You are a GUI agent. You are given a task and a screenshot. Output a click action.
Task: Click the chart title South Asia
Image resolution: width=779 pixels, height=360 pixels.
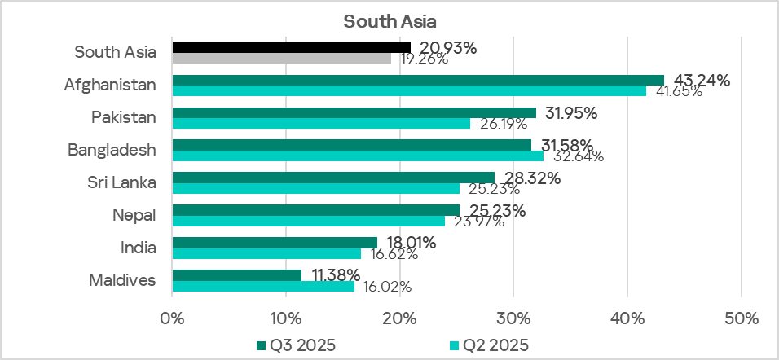click(x=389, y=19)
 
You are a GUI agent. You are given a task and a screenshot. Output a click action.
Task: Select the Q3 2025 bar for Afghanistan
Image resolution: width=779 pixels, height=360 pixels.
click(x=418, y=80)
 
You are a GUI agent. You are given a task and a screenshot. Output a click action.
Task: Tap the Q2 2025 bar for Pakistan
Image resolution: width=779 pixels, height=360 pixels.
click(x=321, y=123)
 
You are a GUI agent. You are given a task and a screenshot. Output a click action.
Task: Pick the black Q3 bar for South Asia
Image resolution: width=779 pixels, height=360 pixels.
click(x=292, y=47)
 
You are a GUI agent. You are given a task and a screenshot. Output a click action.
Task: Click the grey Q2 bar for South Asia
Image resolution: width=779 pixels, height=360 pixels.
click(x=282, y=58)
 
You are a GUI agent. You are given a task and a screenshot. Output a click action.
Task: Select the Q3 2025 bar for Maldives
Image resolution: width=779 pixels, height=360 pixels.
click(x=236, y=275)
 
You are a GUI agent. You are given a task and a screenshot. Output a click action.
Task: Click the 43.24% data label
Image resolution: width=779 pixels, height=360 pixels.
click(x=698, y=81)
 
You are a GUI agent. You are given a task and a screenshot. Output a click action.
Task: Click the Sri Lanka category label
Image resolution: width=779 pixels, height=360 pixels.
click(x=122, y=182)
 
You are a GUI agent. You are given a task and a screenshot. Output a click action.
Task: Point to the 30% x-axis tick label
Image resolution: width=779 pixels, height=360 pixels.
click(x=513, y=317)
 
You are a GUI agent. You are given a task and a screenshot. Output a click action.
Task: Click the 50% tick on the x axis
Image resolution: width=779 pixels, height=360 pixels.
click(x=741, y=317)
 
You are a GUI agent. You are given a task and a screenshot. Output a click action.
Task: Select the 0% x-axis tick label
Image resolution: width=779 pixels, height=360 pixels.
click(x=173, y=317)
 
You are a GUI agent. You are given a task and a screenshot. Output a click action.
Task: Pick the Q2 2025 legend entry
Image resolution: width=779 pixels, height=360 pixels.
click(x=488, y=345)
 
